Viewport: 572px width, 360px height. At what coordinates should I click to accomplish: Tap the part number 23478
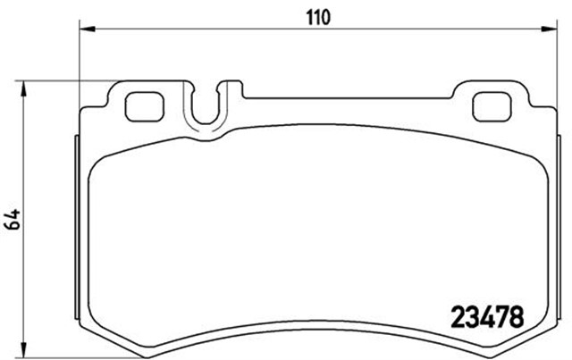tap(483, 315)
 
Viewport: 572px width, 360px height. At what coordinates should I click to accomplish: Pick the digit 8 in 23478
tap(515, 315)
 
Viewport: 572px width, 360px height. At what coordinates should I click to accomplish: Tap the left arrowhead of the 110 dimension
tap(86, 29)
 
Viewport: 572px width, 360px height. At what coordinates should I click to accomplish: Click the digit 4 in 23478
tap(483, 315)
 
